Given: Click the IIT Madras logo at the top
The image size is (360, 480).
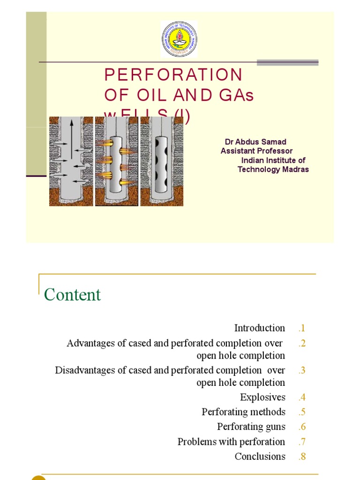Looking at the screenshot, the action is pyautogui.click(x=179, y=39).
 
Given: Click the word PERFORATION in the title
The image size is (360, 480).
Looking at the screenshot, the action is pyautogui.click(x=173, y=75).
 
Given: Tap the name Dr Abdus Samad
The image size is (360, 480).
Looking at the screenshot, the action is pyautogui.click(x=255, y=142).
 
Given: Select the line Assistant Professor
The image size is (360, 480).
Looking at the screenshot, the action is pyautogui.click(x=256, y=151).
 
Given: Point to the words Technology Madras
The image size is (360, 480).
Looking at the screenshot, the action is pyautogui.click(x=273, y=169).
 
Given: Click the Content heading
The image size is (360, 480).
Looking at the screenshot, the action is pyautogui.click(x=72, y=295).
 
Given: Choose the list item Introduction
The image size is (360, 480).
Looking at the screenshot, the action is pyautogui.click(x=260, y=328).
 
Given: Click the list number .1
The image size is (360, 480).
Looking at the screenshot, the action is pyautogui.click(x=301, y=328).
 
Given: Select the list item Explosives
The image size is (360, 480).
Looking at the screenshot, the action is pyautogui.click(x=262, y=397).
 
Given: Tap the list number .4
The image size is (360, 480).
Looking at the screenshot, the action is pyautogui.click(x=301, y=397).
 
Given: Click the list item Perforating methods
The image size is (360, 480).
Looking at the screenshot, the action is pyautogui.click(x=243, y=412).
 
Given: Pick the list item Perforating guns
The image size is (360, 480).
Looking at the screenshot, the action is pyautogui.click(x=251, y=427).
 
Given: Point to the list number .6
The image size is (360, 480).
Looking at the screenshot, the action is pyautogui.click(x=301, y=427).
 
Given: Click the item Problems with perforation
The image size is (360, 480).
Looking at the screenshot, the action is pyautogui.click(x=231, y=442).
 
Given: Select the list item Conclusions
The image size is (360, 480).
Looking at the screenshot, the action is pyautogui.click(x=260, y=456).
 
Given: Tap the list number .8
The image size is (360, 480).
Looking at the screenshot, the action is pyautogui.click(x=301, y=456).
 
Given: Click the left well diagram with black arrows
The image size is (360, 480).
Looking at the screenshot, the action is pyautogui.click(x=71, y=161).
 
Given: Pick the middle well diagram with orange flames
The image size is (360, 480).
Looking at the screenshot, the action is pyautogui.click(x=116, y=161).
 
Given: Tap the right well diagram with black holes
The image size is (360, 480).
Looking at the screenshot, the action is pyautogui.click(x=162, y=161).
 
